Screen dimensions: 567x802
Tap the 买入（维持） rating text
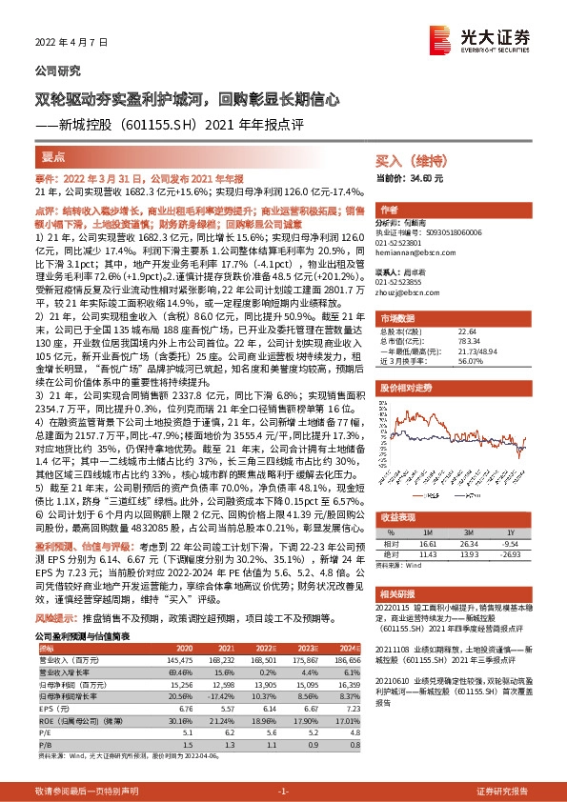click(x=403, y=162)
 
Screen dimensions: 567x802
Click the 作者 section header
click(x=389, y=210)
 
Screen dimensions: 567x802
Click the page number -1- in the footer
click(x=282, y=791)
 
